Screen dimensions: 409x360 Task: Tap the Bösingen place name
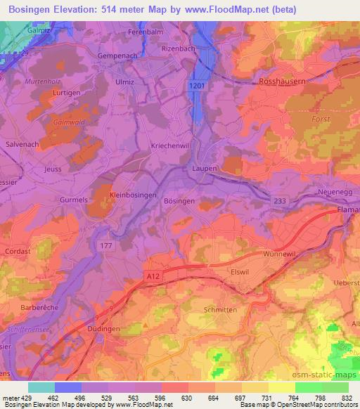(179, 201)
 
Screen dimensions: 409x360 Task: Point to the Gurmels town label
(73, 200)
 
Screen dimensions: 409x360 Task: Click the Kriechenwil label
(170, 145)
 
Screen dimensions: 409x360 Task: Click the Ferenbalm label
(146, 33)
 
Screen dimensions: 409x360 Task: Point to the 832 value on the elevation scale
(346, 398)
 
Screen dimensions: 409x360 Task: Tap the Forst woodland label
(320, 119)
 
